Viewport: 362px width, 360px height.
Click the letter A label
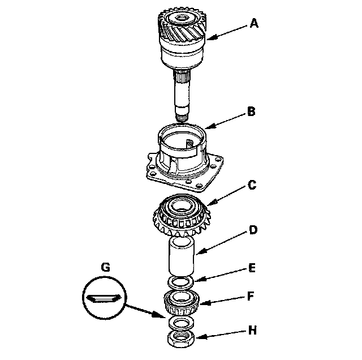tap(255, 23)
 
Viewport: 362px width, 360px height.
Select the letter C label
tap(252, 185)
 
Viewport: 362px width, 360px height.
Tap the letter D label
tap(253, 230)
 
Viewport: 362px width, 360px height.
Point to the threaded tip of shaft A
tap(180, 116)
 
